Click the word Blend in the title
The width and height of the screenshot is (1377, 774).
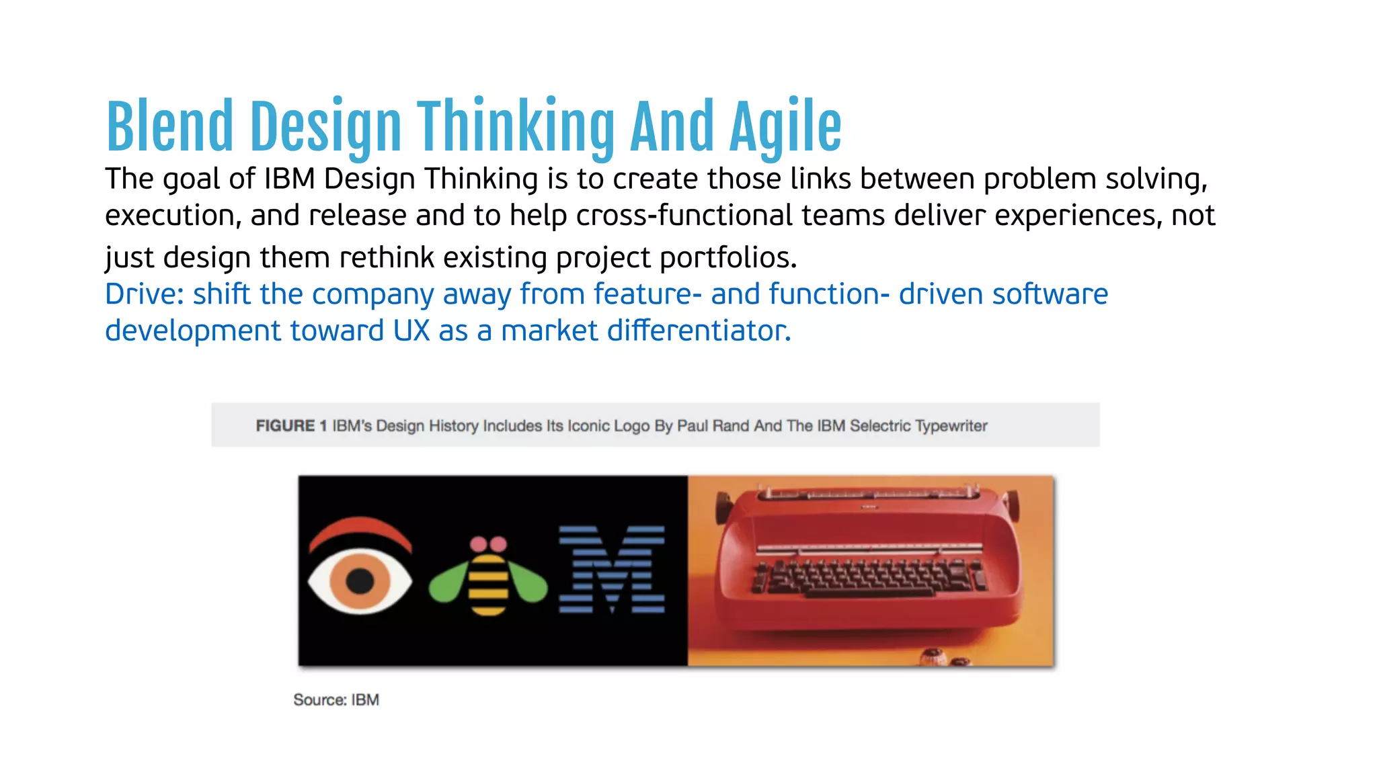[169, 126]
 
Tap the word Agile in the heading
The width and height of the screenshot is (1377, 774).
[785, 126]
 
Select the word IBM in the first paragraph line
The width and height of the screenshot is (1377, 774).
[289, 179]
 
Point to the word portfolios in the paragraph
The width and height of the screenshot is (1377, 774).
[727, 257]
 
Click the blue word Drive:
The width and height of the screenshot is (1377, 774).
[144, 294]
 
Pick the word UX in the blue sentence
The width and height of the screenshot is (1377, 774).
[411, 331]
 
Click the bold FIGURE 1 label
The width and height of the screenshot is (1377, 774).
[291, 426]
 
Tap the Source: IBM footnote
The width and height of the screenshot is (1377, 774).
[336, 700]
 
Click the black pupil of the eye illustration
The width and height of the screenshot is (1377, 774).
[360, 580]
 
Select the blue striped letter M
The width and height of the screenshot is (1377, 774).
[611, 570]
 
